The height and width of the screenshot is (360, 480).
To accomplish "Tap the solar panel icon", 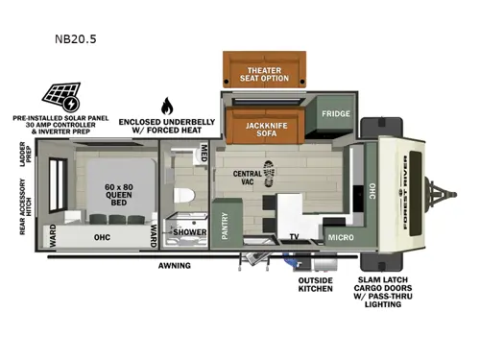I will tap(59, 96).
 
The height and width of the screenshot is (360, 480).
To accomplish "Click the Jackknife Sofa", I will tap(261, 128).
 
